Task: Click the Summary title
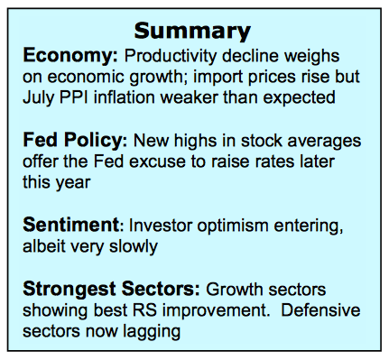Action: click(192, 32)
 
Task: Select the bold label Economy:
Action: click(70, 56)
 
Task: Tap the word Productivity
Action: click(171, 56)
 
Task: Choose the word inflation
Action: click(125, 97)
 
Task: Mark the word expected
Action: click(299, 98)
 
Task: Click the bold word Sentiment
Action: click(71, 225)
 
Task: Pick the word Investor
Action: click(161, 226)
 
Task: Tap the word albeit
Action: click(44, 246)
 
